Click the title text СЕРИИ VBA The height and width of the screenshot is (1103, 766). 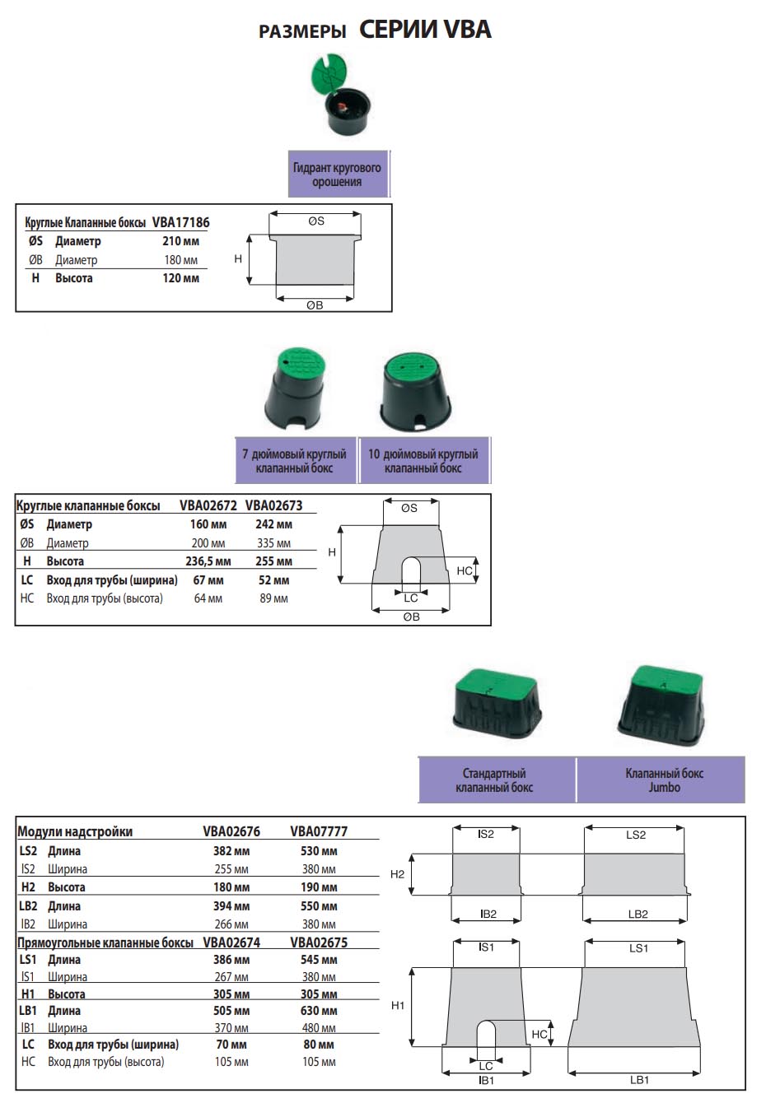pyautogui.click(x=425, y=30)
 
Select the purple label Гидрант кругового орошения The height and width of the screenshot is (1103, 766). pyautogui.click(x=338, y=175)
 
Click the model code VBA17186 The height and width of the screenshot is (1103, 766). pyautogui.click(x=180, y=222)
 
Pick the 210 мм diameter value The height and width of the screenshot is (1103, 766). pyautogui.click(x=180, y=241)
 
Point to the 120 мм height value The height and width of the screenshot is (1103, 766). pyautogui.click(x=180, y=278)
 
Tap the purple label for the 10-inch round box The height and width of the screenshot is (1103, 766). pyautogui.click(x=423, y=461)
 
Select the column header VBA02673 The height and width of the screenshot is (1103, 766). pyautogui.click(x=274, y=505)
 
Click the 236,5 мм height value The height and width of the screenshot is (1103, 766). pyautogui.click(x=208, y=561)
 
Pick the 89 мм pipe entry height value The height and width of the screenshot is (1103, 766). pyautogui.click(x=274, y=598)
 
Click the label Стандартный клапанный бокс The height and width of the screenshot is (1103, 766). pyautogui.click(x=494, y=780)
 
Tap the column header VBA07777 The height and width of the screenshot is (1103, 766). pyautogui.click(x=320, y=831)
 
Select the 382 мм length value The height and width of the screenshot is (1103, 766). pyautogui.click(x=231, y=851)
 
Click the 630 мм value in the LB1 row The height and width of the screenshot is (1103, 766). pyautogui.click(x=320, y=1011)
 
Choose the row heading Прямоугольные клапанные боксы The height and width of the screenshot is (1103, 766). pyautogui.click(x=105, y=943)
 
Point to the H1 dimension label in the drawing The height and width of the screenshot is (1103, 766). pyautogui.click(x=398, y=1006)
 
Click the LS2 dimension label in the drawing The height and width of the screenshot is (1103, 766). pyautogui.click(x=636, y=835)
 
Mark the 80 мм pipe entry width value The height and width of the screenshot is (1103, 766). pyautogui.click(x=320, y=1045)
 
